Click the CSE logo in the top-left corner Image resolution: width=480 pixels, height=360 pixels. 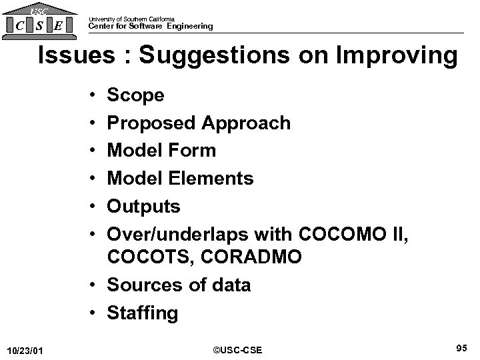click(x=38, y=22)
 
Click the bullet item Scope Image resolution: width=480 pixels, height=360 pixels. click(x=135, y=96)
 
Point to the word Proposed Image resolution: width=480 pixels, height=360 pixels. click(x=151, y=123)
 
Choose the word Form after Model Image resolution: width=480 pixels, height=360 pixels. click(x=193, y=151)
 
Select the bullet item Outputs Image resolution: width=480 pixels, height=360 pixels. click(x=143, y=207)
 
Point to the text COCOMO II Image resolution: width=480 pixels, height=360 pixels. click(x=362, y=235)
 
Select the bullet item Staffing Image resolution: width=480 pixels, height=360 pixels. click(x=143, y=313)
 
